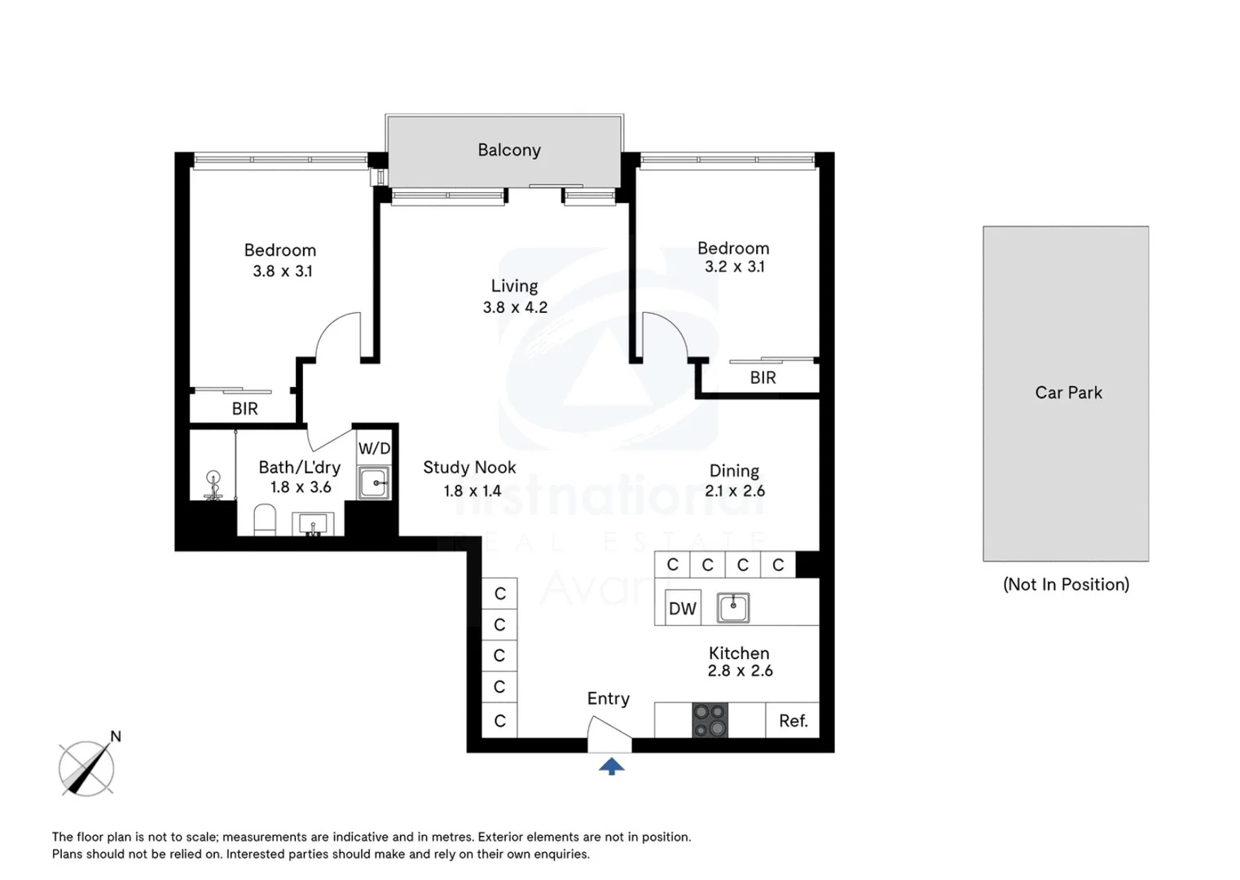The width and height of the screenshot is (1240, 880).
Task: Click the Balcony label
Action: click(508, 150)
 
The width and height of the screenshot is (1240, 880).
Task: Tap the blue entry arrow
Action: click(611, 767)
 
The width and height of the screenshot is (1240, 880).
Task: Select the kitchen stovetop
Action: click(710, 720)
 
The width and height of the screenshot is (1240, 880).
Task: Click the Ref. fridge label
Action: click(794, 720)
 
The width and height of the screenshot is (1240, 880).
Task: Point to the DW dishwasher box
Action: click(683, 608)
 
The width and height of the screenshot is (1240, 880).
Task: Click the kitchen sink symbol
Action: click(733, 608)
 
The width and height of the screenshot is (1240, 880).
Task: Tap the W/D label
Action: click(374, 448)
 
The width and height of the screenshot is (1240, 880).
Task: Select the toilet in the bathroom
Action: click(265, 520)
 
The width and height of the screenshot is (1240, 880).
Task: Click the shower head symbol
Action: click(213, 485)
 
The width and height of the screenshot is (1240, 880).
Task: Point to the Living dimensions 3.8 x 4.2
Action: click(515, 307)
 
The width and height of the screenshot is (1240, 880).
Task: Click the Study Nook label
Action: click(469, 468)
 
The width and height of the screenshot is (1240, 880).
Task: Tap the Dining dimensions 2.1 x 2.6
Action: click(735, 491)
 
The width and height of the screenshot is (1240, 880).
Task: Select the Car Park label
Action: click(1068, 393)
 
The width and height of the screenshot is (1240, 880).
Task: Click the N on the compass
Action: click(116, 736)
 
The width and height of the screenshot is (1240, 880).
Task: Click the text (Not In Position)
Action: click(1066, 584)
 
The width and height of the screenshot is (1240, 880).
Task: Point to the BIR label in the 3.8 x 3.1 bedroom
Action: click(244, 409)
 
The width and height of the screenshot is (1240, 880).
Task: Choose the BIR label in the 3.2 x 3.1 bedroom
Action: click(763, 378)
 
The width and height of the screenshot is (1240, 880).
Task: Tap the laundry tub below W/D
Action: click(374, 482)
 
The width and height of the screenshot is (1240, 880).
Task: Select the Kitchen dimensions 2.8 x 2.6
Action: click(740, 671)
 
